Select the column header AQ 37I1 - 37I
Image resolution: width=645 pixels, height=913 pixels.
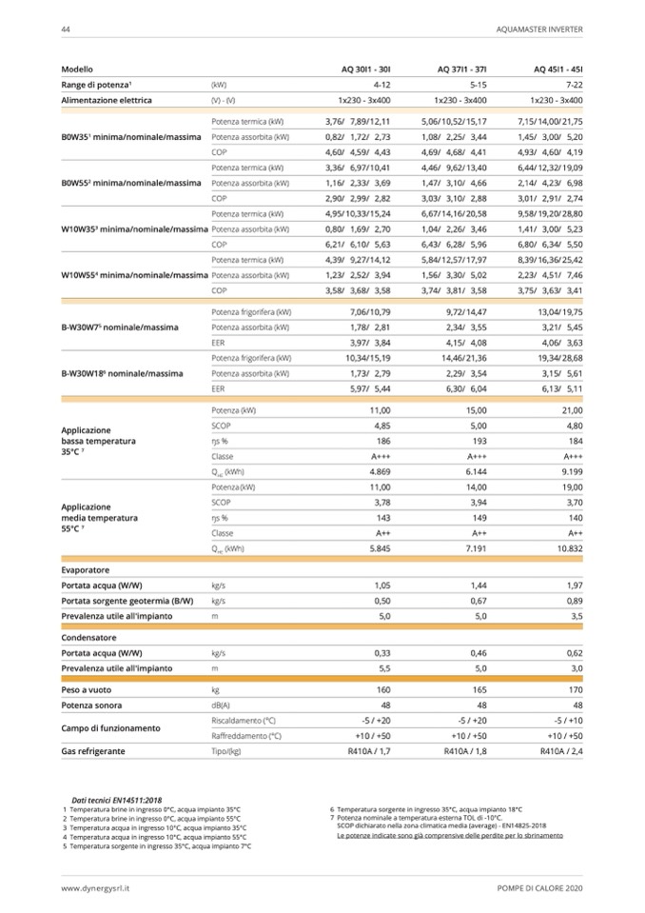point(461,69)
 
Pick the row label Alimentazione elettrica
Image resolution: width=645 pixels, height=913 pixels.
point(107,100)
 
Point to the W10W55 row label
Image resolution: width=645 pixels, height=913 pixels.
point(134,275)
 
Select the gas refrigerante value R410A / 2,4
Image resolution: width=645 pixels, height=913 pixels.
point(560,751)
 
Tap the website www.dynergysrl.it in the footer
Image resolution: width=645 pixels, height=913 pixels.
point(96,887)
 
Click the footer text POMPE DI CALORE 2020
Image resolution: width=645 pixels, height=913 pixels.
point(540,887)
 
